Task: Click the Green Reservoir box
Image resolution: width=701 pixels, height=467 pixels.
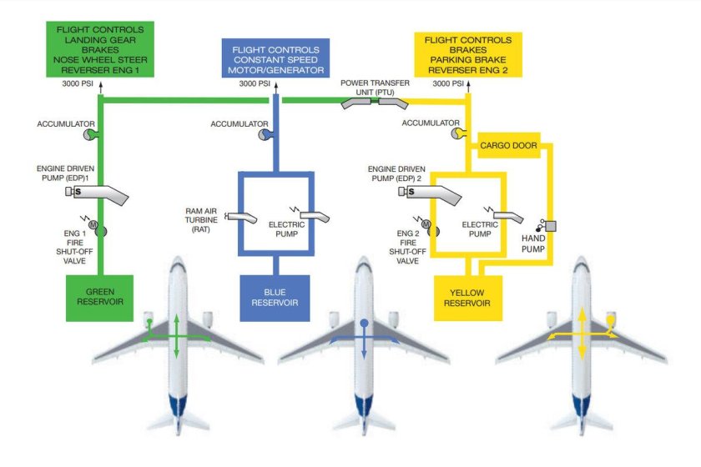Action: pyautogui.click(x=100, y=298)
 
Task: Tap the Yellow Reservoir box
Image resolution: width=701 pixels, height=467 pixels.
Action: pyautogui.click(x=468, y=298)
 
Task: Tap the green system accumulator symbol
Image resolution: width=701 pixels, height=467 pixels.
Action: pyautogui.click(x=90, y=133)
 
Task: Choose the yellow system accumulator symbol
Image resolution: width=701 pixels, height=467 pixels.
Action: pyautogui.click(x=456, y=133)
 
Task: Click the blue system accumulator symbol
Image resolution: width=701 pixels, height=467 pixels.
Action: pyautogui.click(x=264, y=133)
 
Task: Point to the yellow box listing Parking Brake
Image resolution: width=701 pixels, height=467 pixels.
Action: pyautogui.click(x=467, y=55)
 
